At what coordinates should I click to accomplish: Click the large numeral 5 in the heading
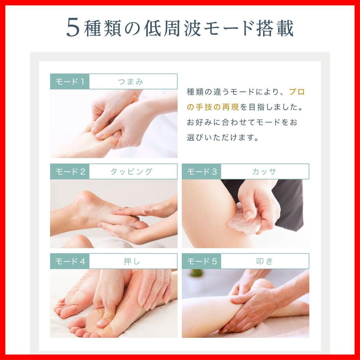(73, 28)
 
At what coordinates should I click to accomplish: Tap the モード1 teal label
(70, 82)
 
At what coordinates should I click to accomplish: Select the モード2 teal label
(70, 172)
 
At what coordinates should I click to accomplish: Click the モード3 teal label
(201, 172)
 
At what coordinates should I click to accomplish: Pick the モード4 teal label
(70, 261)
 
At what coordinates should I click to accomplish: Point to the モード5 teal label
(201, 261)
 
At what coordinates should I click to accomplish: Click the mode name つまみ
(131, 82)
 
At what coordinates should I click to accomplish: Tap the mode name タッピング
(132, 172)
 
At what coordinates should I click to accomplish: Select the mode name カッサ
(264, 172)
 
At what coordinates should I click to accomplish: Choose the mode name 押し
(132, 261)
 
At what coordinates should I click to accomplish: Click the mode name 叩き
(264, 261)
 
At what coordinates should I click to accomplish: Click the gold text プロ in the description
(297, 92)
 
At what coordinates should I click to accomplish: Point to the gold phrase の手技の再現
(213, 107)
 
